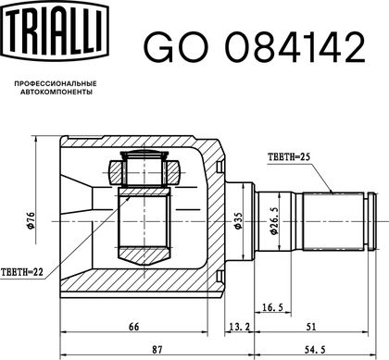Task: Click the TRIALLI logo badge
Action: coord(56,31)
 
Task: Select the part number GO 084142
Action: coord(255,47)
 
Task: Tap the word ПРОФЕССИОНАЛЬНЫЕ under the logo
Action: coord(56,83)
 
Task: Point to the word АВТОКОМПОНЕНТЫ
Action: coord(56,92)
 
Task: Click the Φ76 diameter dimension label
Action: coord(31,220)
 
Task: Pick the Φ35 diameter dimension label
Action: coord(238,220)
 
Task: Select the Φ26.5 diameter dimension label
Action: coord(274,220)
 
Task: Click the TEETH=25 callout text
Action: coord(289,157)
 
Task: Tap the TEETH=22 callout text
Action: coord(22,272)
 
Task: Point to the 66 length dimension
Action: coord(133,327)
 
